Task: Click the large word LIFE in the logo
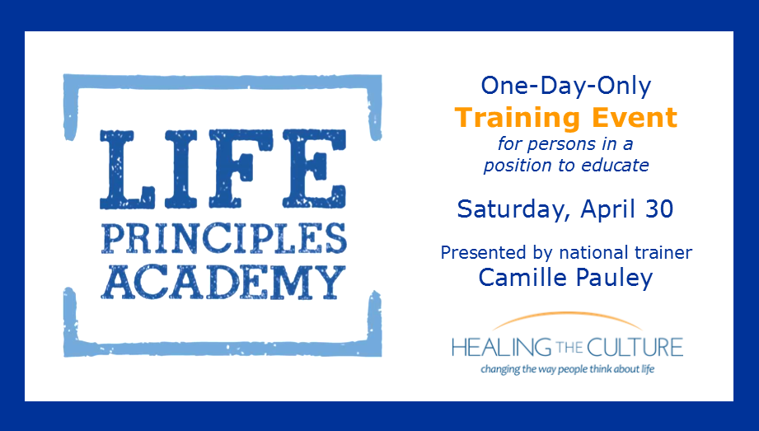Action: [223, 169]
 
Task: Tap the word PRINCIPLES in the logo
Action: [223, 238]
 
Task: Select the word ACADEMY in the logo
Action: [223, 282]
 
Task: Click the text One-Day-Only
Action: [566, 86]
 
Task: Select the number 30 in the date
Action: [658, 208]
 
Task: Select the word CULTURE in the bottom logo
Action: [634, 347]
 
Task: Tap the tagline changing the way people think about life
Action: [567, 369]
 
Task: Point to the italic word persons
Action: [555, 144]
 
